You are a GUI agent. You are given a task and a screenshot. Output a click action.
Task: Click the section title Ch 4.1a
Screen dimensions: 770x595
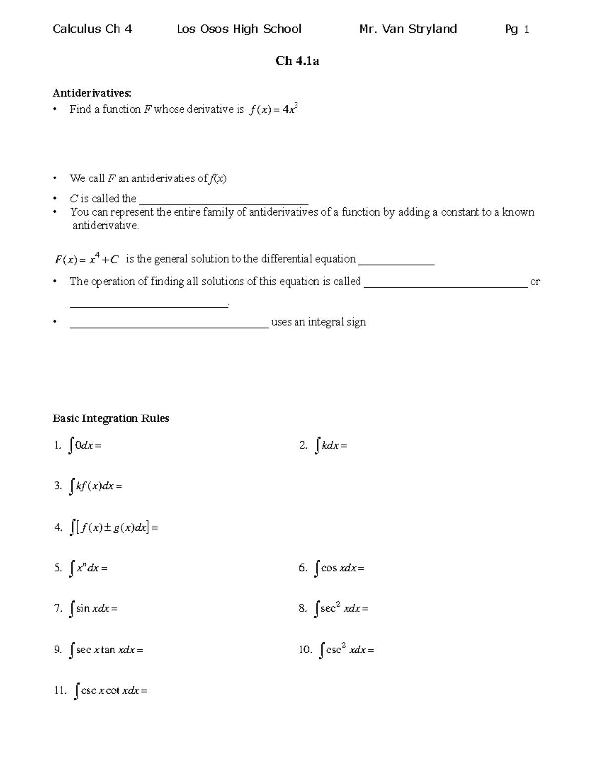297,61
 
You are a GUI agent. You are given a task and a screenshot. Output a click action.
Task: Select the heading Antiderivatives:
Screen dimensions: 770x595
92,93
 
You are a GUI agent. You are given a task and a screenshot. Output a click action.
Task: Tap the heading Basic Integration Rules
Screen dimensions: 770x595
111,418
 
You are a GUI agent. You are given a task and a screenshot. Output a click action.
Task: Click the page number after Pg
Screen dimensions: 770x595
526,30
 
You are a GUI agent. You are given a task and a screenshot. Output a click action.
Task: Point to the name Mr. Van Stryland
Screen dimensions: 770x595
408,29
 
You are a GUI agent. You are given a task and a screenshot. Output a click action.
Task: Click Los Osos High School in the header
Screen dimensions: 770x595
239,29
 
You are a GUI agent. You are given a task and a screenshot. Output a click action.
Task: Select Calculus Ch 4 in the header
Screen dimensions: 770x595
92,29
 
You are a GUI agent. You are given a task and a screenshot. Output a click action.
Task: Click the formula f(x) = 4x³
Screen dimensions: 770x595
274,109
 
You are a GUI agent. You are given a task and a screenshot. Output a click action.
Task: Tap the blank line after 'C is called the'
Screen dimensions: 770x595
224,201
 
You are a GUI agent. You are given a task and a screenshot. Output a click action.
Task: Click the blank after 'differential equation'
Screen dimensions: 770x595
396,262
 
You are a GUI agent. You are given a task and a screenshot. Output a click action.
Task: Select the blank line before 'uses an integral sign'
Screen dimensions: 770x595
169,325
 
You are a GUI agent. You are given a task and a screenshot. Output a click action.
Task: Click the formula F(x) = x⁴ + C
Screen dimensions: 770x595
86,259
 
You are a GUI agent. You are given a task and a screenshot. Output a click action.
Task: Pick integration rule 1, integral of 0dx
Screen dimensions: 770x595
85,446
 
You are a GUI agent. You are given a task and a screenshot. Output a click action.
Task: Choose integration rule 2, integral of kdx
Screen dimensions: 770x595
330,446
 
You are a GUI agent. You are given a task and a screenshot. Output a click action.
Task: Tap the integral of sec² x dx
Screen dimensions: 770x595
342,608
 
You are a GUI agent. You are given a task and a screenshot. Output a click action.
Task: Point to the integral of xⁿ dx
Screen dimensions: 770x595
88,568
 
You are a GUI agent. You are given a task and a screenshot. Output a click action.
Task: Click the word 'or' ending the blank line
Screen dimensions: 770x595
535,282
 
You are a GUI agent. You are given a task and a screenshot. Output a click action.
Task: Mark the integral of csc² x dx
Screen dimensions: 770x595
347,650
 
